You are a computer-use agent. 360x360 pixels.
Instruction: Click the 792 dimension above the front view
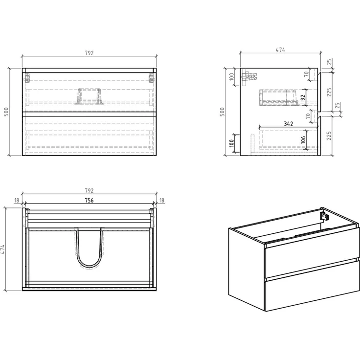pos(90,53)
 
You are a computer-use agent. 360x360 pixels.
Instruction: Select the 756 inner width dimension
pos(90,201)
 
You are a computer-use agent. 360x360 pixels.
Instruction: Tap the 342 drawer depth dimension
pos(289,124)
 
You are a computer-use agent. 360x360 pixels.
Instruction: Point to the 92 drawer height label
pos(303,98)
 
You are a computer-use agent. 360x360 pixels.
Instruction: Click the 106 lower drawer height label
pos(303,139)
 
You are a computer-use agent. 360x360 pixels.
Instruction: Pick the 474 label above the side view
pos(280,49)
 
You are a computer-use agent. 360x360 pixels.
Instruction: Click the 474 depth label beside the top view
pos(2,249)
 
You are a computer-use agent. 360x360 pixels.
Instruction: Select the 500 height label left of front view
pos(6,112)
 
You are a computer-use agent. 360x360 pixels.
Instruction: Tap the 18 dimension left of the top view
pos(17,201)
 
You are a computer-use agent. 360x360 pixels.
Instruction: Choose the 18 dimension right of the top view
pos(162,201)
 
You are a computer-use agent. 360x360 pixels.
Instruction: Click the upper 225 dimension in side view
pos(329,92)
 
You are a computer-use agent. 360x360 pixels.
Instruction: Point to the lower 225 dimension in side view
pos(329,135)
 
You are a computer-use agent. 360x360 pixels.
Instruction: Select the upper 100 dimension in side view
pos(232,76)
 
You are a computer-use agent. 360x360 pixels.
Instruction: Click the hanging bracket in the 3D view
pos(325,217)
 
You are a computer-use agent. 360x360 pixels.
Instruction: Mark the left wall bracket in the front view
pos(27,78)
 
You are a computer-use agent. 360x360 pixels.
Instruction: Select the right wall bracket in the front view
pos(152,78)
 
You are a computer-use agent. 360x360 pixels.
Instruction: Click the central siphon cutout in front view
pos(90,96)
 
